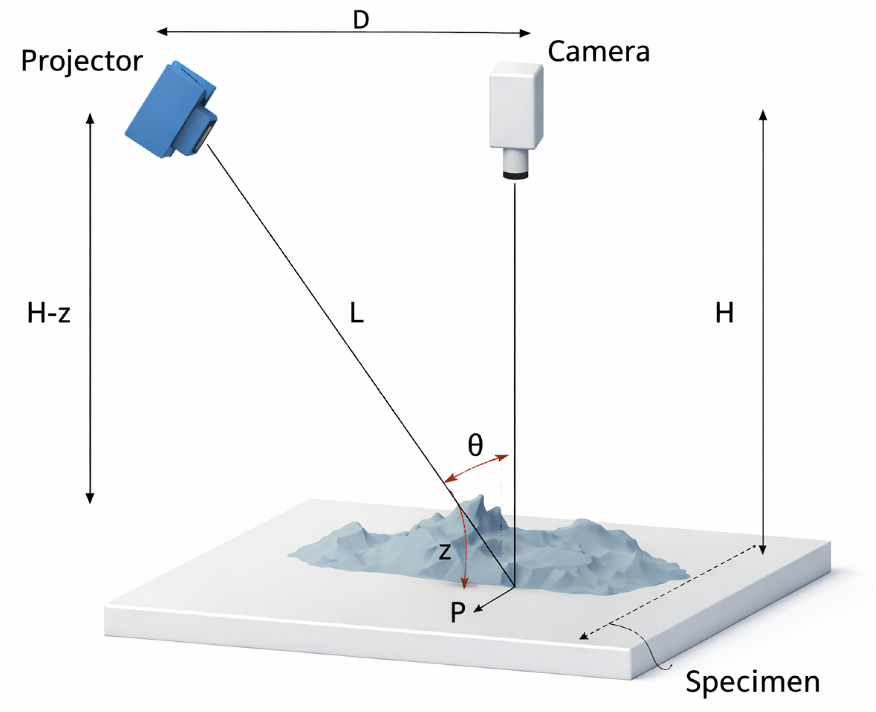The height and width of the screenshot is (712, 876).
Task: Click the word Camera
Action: click(598, 52)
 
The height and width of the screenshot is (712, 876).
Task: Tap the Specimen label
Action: click(752, 682)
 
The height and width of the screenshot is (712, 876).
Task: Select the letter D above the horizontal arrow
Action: click(361, 20)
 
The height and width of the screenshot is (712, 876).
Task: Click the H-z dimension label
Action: click(48, 314)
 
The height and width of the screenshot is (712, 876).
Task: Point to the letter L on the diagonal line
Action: click(356, 314)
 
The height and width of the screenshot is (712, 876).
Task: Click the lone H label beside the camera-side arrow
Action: click(724, 314)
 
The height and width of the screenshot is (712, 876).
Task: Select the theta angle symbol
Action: click(475, 445)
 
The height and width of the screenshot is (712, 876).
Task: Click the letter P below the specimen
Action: click(457, 612)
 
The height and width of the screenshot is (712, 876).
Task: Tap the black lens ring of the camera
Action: click(515, 175)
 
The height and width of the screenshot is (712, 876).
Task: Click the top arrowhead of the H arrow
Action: click(763, 115)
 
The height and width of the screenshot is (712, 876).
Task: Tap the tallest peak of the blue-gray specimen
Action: click(480, 498)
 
